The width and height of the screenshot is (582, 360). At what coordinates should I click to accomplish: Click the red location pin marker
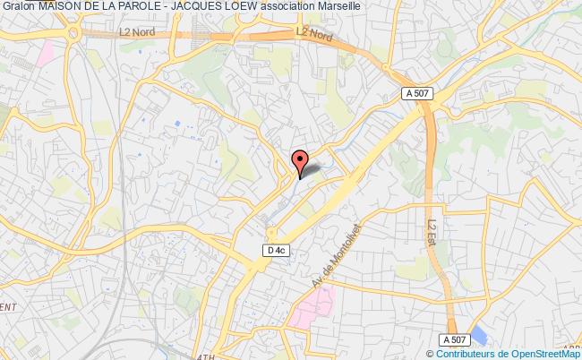299,161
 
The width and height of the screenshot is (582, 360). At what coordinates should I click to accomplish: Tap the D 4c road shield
276,252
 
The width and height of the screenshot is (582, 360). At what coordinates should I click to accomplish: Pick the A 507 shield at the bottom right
454,339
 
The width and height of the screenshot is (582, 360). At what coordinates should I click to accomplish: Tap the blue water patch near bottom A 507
480,337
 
